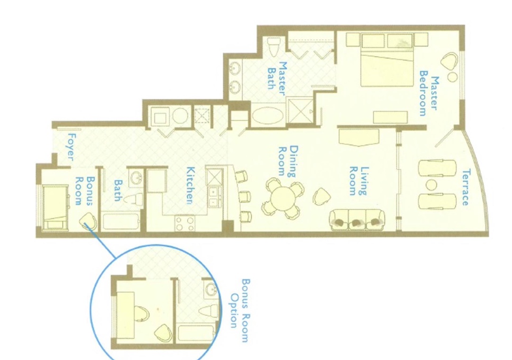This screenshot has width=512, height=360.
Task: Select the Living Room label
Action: click(358, 181)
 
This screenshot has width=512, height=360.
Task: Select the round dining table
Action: click(283, 198)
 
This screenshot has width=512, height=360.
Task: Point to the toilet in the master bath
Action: click(274, 47)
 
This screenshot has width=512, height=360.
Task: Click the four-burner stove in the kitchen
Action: click(185, 223)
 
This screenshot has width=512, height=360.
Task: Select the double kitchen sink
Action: click(213, 197)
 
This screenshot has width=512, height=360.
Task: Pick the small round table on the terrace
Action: click(431, 185)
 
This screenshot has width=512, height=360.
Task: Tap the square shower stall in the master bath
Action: click(300, 111)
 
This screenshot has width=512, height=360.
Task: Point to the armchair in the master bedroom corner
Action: click(449, 62)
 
